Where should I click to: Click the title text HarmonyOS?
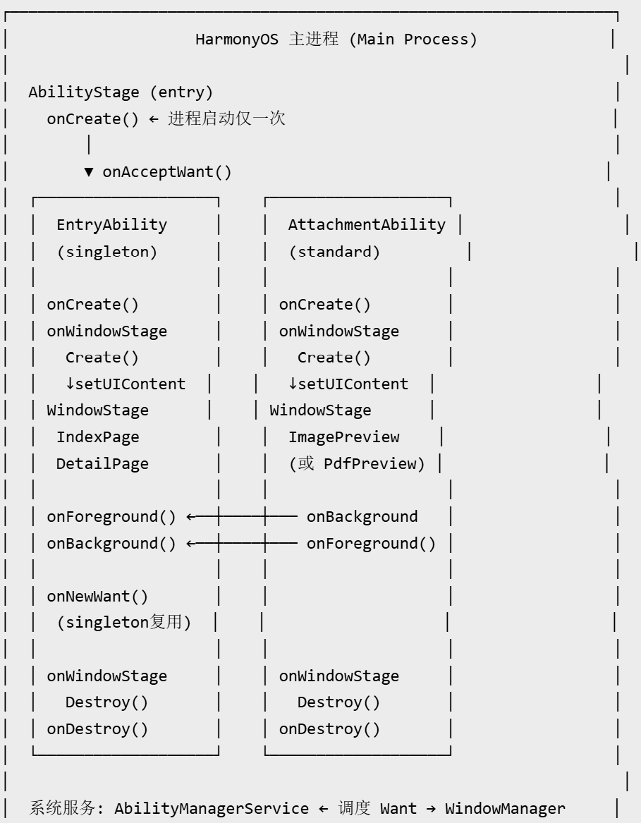[x=237, y=39]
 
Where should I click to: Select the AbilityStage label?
[x=84, y=92]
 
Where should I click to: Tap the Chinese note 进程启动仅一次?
[x=226, y=118]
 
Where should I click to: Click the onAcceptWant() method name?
[x=167, y=172]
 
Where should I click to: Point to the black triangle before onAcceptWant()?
[x=89, y=172]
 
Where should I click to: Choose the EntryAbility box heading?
[x=112, y=225]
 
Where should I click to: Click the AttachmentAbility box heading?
[x=367, y=225]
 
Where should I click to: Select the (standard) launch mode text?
[x=334, y=252]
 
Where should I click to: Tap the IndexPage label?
[x=97, y=437]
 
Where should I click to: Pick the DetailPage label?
[x=102, y=464]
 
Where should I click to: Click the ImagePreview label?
[x=344, y=437]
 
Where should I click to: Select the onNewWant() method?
[x=97, y=596]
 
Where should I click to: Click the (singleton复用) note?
[x=124, y=623]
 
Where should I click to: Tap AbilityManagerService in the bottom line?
[x=212, y=809]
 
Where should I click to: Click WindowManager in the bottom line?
[x=505, y=809]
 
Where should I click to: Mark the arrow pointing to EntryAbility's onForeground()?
[x=242, y=516]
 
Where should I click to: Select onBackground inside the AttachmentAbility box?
[x=362, y=517]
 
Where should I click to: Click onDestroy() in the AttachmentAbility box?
[x=329, y=729]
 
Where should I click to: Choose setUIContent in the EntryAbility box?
[x=130, y=384]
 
